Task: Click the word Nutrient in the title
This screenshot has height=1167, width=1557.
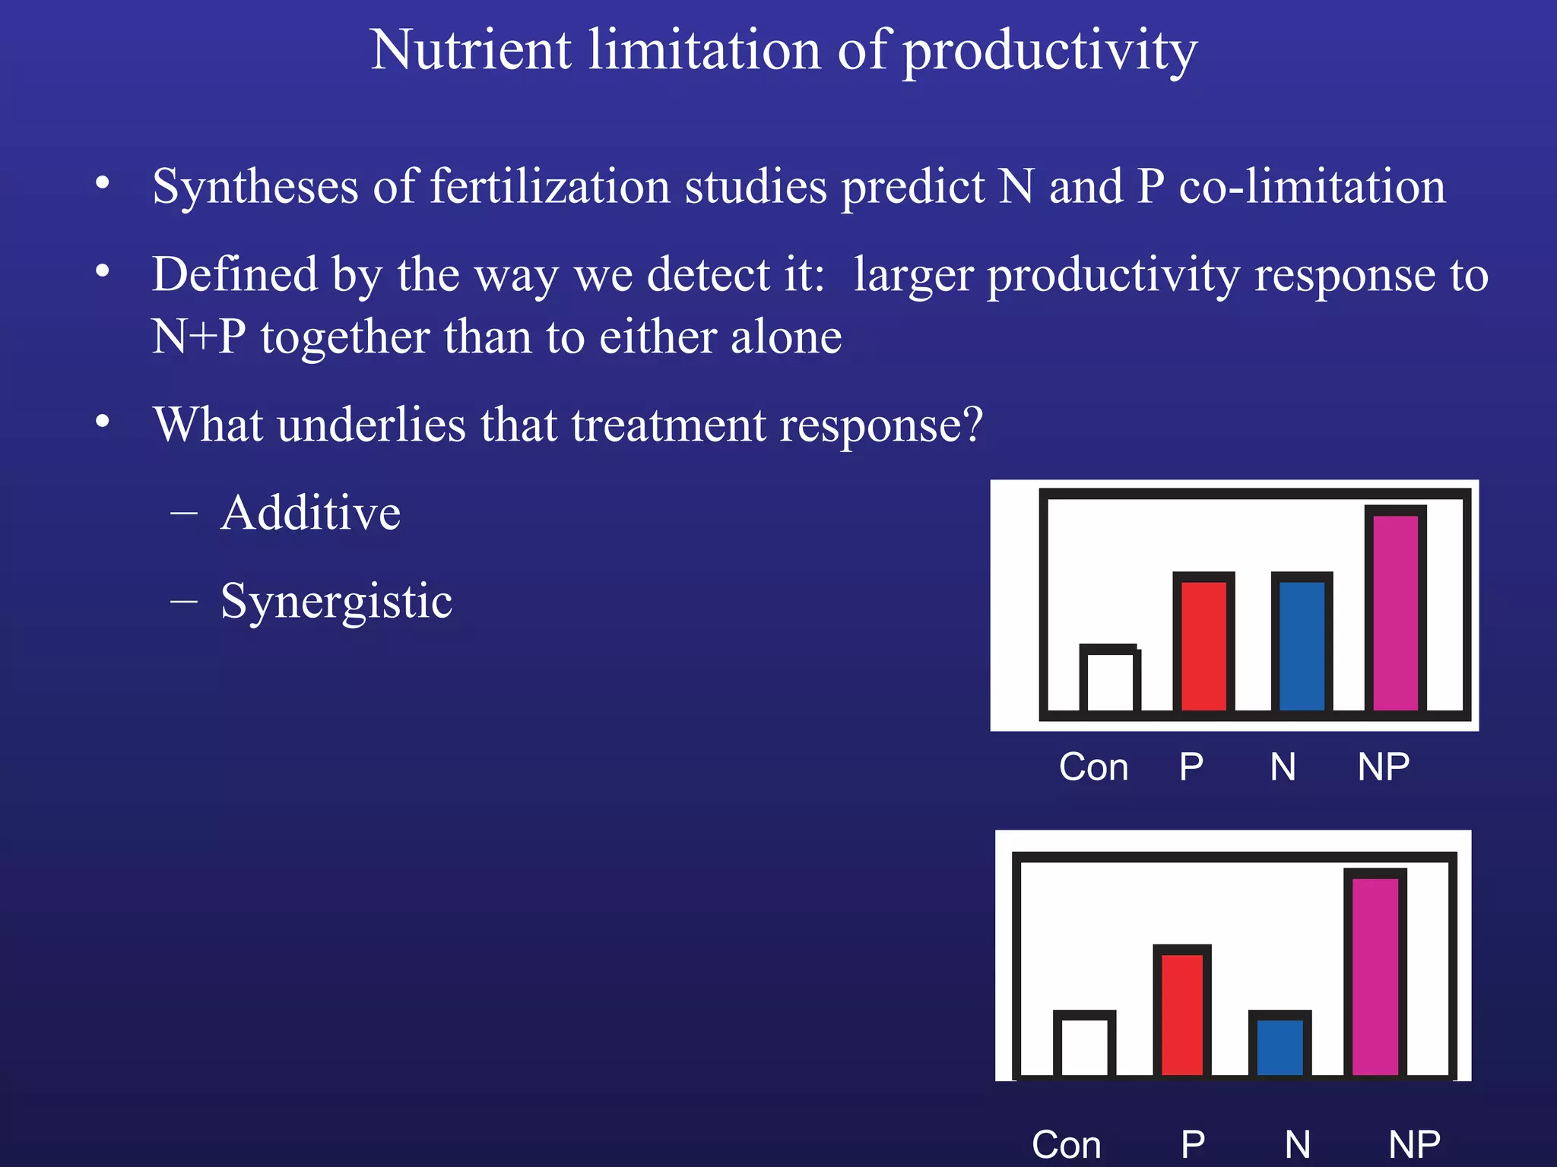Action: pyautogui.click(x=470, y=50)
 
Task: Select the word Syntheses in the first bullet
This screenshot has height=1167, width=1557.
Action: pyautogui.click(x=255, y=187)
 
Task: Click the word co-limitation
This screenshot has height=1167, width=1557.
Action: pyautogui.click(x=1311, y=187)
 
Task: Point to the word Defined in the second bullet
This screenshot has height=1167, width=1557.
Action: pyautogui.click(x=234, y=274)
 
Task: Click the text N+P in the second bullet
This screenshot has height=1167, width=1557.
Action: pyautogui.click(x=198, y=337)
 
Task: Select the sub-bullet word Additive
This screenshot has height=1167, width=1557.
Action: pyautogui.click(x=310, y=513)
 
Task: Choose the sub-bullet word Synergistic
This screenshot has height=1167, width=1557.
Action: pyautogui.click(x=336, y=602)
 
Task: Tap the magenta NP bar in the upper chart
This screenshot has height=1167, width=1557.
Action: pyautogui.click(x=1395, y=612)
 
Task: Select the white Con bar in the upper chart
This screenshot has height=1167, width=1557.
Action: pyautogui.click(x=1109, y=681)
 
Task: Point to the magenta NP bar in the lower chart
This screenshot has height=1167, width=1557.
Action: pyautogui.click(x=1375, y=976)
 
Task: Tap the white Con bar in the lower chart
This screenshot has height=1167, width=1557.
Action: pyautogui.click(x=1084, y=1045)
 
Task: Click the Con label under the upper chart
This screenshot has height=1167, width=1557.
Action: pyautogui.click(x=1093, y=767)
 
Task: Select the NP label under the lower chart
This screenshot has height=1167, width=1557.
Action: pyautogui.click(x=1413, y=1145)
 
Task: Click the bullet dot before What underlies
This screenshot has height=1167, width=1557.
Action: pyautogui.click(x=103, y=422)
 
